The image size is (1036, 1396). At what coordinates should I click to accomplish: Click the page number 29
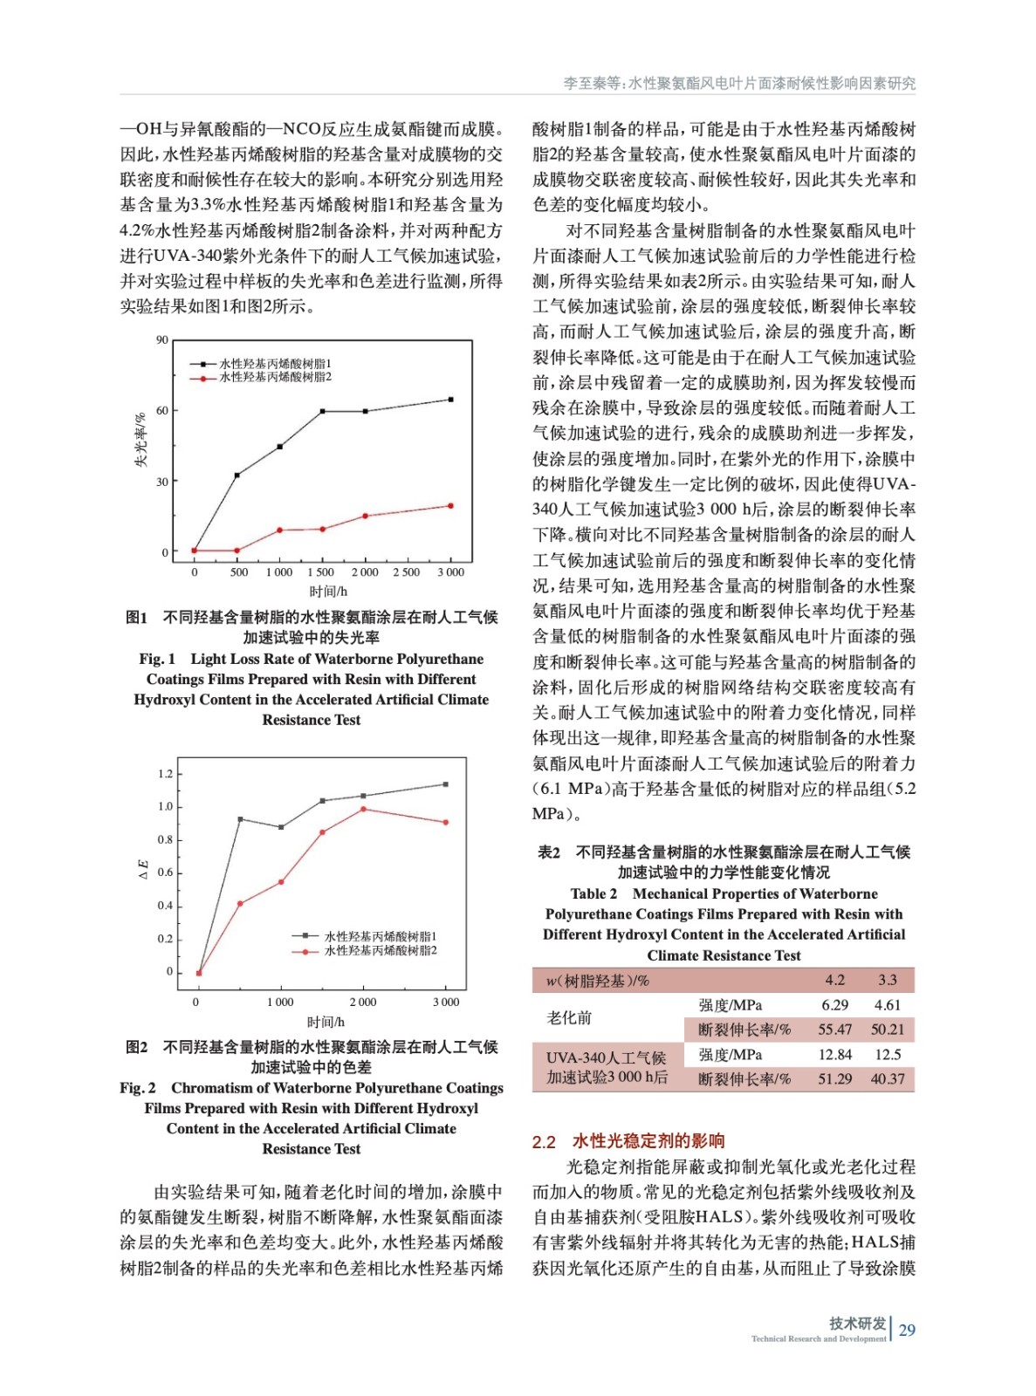[x=907, y=1330]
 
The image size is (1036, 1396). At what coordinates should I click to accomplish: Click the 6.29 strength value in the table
[x=834, y=1005]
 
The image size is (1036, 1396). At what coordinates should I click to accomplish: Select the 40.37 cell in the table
[x=888, y=1079]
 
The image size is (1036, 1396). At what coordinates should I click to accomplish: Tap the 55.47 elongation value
[x=834, y=1030]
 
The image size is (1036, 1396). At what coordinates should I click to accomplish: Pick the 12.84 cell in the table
[x=834, y=1055]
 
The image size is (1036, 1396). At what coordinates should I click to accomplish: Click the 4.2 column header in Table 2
[x=834, y=981]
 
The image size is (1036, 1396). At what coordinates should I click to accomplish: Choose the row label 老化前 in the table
[x=569, y=1017]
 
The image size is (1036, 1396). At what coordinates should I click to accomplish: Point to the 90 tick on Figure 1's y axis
[x=162, y=340]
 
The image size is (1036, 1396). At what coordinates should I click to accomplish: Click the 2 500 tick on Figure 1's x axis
[x=407, y=572]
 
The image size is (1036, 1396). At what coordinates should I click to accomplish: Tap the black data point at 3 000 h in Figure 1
[x=450, y=400]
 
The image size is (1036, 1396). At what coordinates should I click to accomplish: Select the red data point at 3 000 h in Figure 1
[x=450, y=506]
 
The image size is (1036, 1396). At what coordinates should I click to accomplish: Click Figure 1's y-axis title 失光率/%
[x=141, y=441]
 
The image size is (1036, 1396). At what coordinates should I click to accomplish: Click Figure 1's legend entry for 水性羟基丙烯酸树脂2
[x=275, y=378]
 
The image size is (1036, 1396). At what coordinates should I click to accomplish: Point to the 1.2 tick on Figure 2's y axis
[x=165, y=774]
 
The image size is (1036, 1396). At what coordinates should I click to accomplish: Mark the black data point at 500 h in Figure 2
[x=240, y=819]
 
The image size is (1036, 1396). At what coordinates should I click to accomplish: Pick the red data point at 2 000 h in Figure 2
[x=363, y=810]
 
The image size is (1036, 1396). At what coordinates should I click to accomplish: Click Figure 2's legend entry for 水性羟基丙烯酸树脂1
[x=381, y=936]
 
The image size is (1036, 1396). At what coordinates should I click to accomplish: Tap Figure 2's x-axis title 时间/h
[x=325, y=1022]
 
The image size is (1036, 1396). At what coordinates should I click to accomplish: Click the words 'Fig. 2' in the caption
[x=138, y=1088]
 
